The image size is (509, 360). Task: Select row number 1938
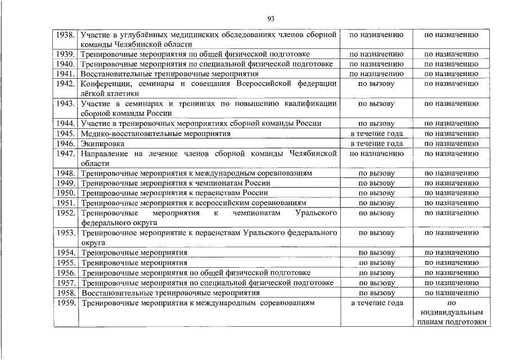66,35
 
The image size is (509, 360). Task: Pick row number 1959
66,303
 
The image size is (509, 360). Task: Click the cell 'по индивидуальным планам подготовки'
451,312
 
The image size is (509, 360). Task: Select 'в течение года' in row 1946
376,143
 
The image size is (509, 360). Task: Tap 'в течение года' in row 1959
376,303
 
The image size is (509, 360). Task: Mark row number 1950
66,193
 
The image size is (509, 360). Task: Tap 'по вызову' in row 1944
376,124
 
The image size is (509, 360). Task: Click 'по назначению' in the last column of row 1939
451,55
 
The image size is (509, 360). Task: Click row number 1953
66,232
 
